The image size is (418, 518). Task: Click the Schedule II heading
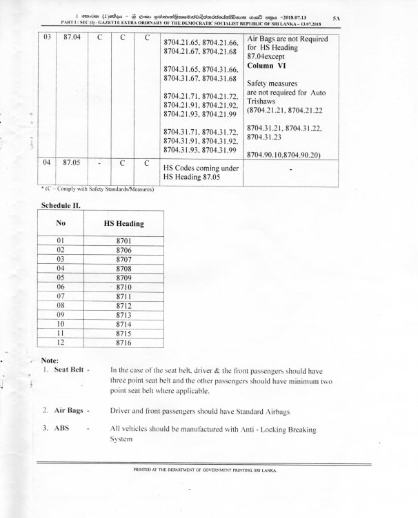pyautogui.click(x=62, y=206)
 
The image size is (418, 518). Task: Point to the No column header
pyautogui.click(x=60, y=223)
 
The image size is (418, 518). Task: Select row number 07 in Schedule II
pyautogui.click(x=60, y=295)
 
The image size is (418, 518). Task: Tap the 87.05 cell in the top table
pyautogui.click(x=72, y=165)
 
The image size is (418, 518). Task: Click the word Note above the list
pyautogui.click(x=50, y=361)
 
